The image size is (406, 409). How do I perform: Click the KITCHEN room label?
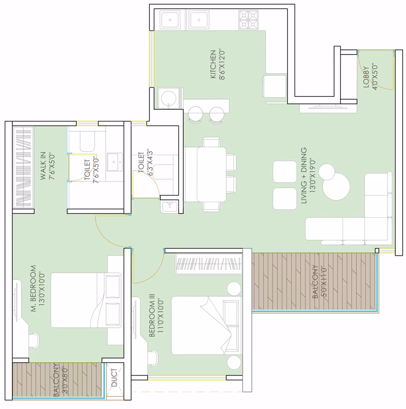[x=213, y=64]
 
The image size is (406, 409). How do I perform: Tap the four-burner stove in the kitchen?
[x=248, y=20]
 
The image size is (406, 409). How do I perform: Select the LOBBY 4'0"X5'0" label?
[x=371, y=77]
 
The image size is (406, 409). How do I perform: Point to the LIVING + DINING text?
[x=304, y=175]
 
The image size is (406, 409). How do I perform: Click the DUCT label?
[x=114, y=378]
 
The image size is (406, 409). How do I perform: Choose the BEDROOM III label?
[x=152, y=315]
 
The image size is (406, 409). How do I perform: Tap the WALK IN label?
[x=43, y=165]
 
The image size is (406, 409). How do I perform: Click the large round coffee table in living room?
[x=336, y=187]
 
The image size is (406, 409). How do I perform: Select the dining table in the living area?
[x=211, y=174]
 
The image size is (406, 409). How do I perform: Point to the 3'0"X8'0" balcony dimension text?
[x=64, y=380]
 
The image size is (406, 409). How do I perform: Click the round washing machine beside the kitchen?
[x=169, y=98]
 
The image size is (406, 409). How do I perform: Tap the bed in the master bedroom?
[x=86, y=300]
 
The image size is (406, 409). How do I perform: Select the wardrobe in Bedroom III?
[x=209, y=264]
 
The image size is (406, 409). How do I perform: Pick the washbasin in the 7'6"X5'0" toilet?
[x=115, y=162]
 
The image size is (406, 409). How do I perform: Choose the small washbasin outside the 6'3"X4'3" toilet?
[x=170, y=206]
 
